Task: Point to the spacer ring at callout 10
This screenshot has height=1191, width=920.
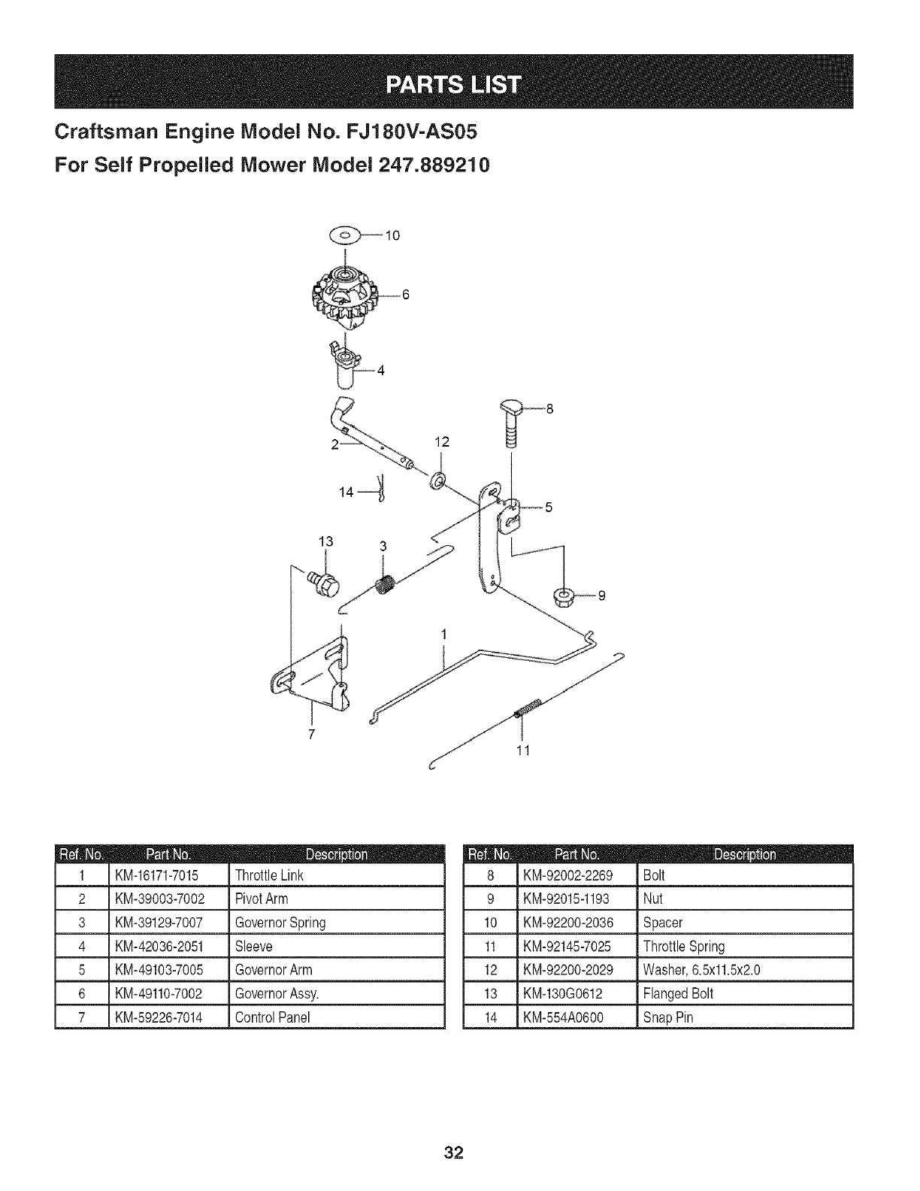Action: [x=346, y=235]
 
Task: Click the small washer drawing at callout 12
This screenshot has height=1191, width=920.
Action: [x=437, y=481]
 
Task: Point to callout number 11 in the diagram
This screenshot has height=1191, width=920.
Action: [x=523, y=750]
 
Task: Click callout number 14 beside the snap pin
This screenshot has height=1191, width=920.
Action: [x=347, y=492]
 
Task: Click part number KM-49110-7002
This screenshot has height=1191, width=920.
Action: [x=159, y=994]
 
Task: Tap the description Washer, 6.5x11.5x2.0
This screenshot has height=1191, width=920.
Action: [x=702, y=970]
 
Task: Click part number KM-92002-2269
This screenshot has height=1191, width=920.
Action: [x=568, y=875]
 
